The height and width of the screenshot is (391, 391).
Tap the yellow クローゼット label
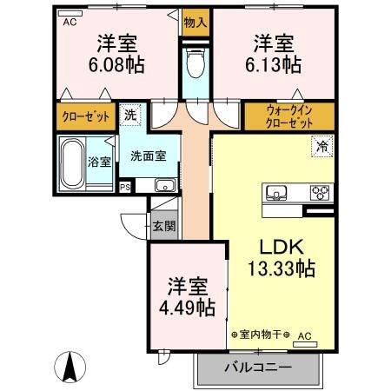click(85, 116)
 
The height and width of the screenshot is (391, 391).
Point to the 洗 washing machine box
click(129, 113)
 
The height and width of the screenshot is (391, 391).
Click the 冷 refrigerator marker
click(320, 147)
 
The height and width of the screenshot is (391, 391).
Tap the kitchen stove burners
click(318, 193)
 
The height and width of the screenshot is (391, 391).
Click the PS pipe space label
click(124, 186)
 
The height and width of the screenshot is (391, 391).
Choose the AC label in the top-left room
click(68, 23)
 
